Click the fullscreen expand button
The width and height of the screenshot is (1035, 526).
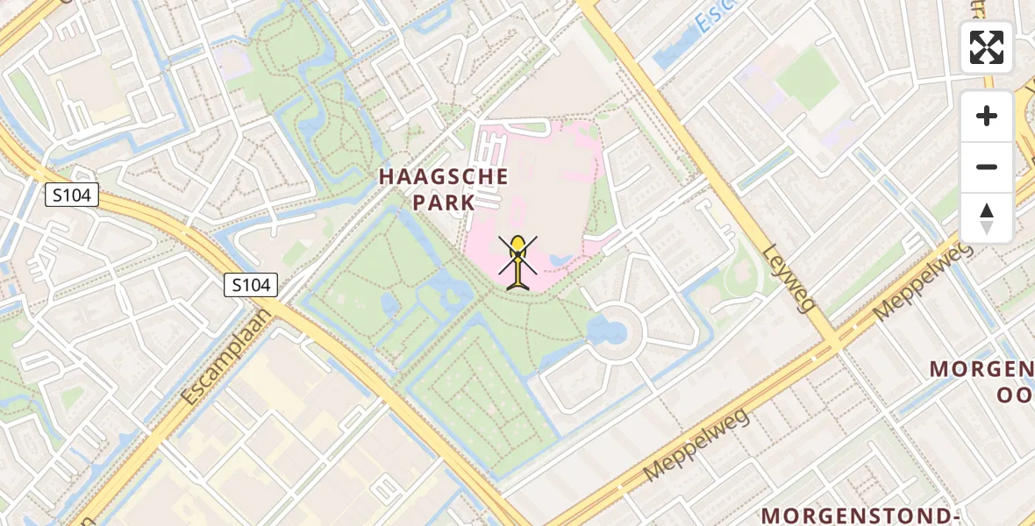[987, 47]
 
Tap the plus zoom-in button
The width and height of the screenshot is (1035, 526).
[987, 116]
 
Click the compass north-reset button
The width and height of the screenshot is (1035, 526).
[987, 218]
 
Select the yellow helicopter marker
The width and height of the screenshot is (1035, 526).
[518, 260]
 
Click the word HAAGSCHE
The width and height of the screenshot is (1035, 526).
[443, 176]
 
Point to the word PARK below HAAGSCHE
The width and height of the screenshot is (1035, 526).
[443, 203]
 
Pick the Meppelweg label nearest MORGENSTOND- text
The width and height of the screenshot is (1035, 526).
[696, 445]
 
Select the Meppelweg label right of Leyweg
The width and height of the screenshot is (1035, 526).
[924, 280]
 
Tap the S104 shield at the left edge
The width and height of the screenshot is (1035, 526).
[72, 195]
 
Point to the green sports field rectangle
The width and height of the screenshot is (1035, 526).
[807, 78]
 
